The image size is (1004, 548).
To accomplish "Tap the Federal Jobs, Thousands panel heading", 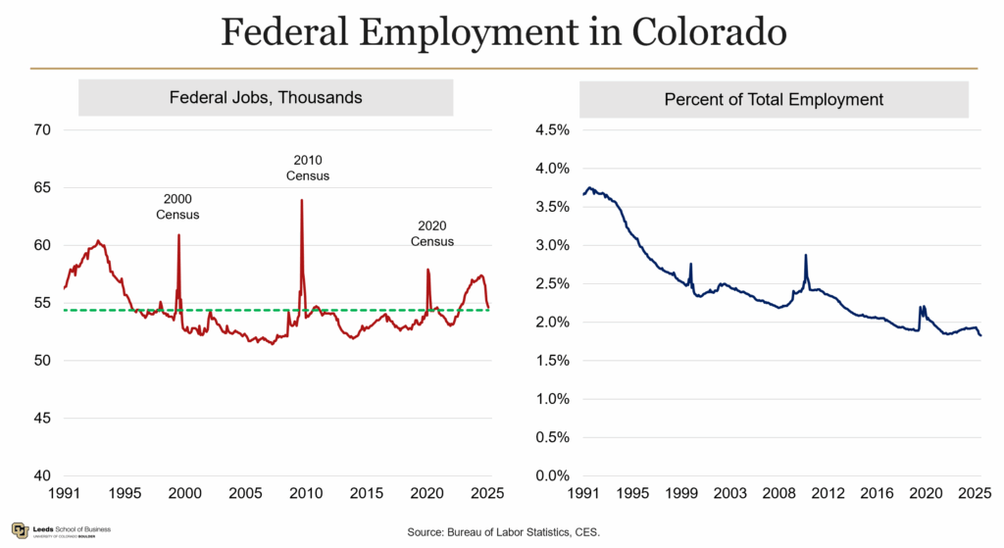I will point(266,98).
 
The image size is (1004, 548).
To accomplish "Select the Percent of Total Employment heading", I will point(774,99).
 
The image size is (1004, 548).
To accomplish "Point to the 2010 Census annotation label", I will point(307,168).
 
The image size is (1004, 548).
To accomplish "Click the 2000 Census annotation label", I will point(177,206).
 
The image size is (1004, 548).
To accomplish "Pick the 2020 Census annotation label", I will point(432,233).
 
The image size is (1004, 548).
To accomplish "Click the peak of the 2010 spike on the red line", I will point(301,200).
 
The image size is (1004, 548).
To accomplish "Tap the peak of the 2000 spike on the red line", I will point(178,235).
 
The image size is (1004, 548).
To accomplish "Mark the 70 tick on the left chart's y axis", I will point(42,129).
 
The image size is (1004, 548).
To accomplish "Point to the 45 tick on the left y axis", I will point(42,419).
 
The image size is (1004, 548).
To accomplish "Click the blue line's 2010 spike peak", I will point(806,255).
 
